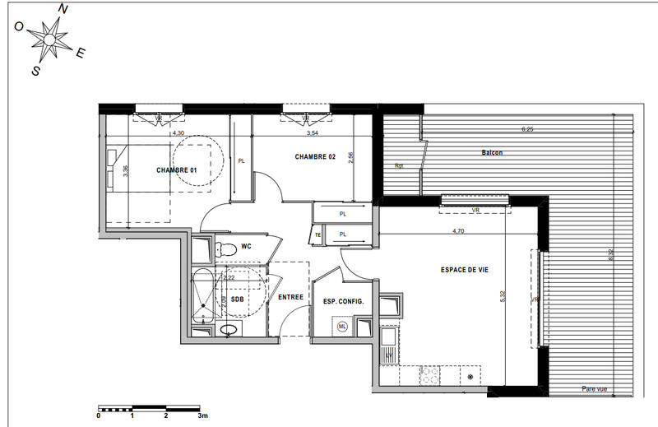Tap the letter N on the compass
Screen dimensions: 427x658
pos(64,9)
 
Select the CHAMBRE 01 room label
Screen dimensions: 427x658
pos(177,170)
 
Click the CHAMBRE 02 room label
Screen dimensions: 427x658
pos(315,156)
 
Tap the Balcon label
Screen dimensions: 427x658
pos(492,153)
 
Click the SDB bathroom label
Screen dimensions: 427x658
pos(237,299)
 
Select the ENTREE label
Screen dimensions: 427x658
pos(290,297)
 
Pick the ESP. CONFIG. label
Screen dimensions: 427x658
pos(344,301)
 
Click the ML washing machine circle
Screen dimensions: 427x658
pos(342,327)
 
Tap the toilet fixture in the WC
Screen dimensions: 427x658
pos(221,248)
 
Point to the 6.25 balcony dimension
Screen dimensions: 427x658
pos(527,129)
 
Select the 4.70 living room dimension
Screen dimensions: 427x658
pos(460,232)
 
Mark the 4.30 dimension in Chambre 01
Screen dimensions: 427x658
pos(178,132)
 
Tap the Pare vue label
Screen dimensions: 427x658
pos(593,389)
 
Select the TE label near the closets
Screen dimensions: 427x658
pos(318,234)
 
